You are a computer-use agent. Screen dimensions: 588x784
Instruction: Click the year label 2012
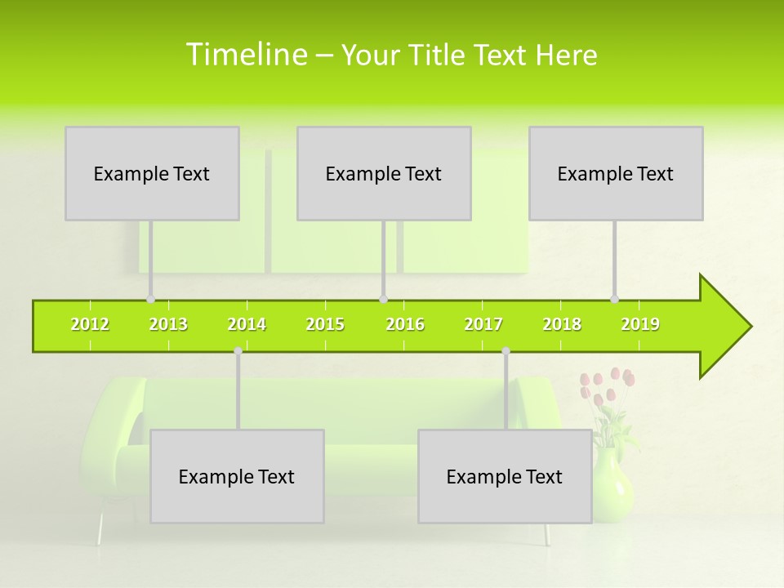90,325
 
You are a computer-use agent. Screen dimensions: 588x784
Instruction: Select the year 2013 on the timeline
168,325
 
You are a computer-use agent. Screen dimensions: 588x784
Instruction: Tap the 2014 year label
247,325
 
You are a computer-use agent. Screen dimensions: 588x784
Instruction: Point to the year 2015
325,325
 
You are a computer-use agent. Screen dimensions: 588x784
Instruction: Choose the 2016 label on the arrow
405,325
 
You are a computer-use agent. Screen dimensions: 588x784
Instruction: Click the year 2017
483,325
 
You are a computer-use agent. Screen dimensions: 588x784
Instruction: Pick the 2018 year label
562,325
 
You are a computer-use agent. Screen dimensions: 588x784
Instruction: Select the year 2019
640,325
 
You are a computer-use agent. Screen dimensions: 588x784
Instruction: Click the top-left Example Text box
152,174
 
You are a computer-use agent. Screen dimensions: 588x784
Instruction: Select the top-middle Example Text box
384,174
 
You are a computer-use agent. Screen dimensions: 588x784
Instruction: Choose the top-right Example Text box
616,174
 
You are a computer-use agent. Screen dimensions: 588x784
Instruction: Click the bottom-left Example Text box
237,477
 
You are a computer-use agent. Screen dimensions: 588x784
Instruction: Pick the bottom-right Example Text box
505,477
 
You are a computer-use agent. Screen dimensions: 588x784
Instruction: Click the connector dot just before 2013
150,299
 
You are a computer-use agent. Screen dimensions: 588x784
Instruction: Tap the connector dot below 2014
238,351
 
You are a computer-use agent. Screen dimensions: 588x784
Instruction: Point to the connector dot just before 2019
614,299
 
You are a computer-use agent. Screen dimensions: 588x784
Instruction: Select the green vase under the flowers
612,486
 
